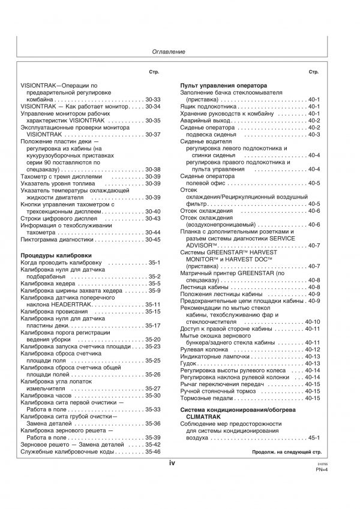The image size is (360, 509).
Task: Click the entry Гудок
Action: point(189,363)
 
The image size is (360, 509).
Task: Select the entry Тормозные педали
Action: point(207,398)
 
